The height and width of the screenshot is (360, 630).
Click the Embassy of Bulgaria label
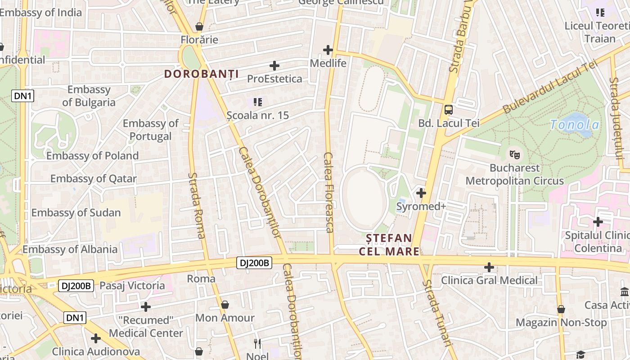(89, 96)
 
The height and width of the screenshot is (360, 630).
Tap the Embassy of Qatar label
(93, 179)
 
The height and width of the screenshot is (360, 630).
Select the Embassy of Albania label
(70, 249)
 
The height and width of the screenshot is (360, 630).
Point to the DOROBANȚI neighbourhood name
(201, 74)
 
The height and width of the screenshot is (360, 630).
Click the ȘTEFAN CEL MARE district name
(389, 244)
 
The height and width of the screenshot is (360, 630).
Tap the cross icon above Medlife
(328, 49)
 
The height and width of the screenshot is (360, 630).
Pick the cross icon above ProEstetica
(274, 66)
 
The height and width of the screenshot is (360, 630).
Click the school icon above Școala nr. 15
(258, 102)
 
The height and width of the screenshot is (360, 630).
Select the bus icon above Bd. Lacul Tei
(449, 109)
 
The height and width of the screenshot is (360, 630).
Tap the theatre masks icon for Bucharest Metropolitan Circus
(514, 154)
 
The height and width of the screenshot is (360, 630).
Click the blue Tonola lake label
(575, 125)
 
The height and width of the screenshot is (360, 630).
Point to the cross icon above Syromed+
(421, 193)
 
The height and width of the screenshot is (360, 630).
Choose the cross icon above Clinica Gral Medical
(489, 267)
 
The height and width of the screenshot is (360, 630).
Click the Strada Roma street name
(197, 205)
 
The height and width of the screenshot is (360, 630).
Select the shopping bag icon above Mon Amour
(225, 305)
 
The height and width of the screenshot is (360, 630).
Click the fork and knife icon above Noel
(257, 344)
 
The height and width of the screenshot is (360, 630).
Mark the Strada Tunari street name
(437, 313)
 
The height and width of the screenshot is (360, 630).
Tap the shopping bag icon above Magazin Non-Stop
(561, 309)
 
